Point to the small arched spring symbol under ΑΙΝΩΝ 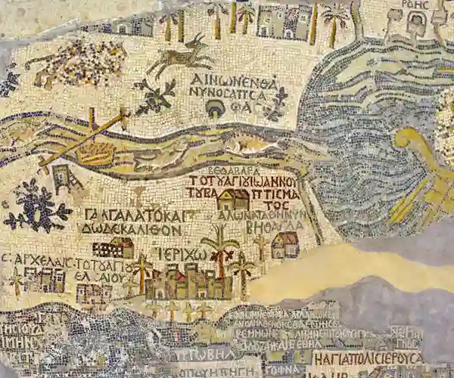216,110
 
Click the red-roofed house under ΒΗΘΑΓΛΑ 285,244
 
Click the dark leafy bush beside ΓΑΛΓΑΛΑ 35,206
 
